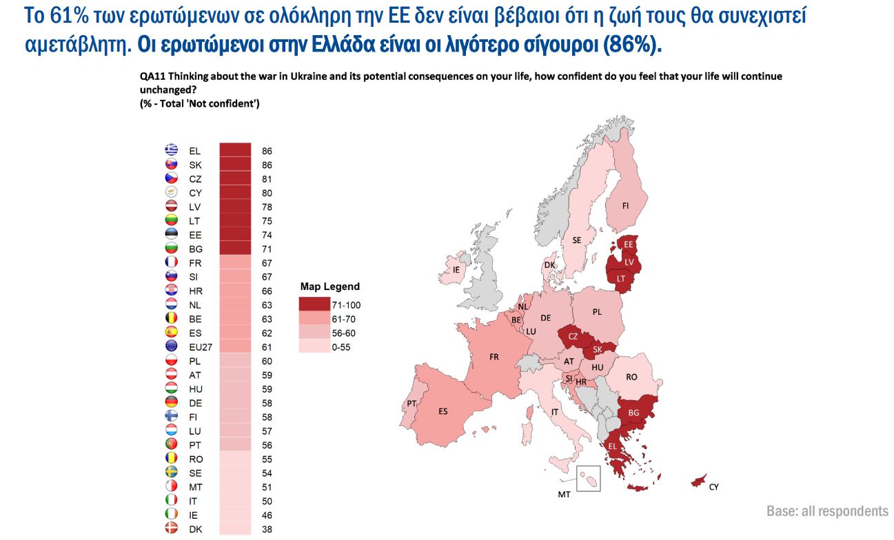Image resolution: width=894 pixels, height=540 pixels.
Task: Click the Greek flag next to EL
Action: [x=172, y=150]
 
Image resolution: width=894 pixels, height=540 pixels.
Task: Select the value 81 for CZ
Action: [x=267, y=179]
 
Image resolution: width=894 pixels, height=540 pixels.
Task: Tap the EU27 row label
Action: [x=199, y=347]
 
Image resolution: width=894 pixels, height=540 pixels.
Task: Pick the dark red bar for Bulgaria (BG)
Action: [x=235, y=249]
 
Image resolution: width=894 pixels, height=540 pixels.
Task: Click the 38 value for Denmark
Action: [x=267, y=529]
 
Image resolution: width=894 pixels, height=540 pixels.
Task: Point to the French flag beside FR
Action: [x=172, y=262]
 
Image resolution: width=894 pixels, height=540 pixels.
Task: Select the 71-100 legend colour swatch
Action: [x=314, y=304]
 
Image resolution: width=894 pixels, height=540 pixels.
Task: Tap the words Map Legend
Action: [x=329, y=287]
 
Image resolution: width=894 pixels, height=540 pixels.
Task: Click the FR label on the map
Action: [x=494, y=357]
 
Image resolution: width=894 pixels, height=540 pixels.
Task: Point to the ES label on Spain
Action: [x=443, y=411]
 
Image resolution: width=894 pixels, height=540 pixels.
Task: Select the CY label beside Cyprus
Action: [x=713, y=487]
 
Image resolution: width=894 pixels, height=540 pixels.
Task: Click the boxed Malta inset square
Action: [x=588, y=478]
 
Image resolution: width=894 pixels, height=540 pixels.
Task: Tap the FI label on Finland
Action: [x=625, y=206]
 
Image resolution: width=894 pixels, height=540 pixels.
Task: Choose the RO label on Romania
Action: [x=631, y=377]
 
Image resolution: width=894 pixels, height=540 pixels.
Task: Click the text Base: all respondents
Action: [x=826, y=510]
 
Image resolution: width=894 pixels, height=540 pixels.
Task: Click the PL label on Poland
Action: [x=597, y=312]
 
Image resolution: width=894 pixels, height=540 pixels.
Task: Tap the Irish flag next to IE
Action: [x=172, y=515]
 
